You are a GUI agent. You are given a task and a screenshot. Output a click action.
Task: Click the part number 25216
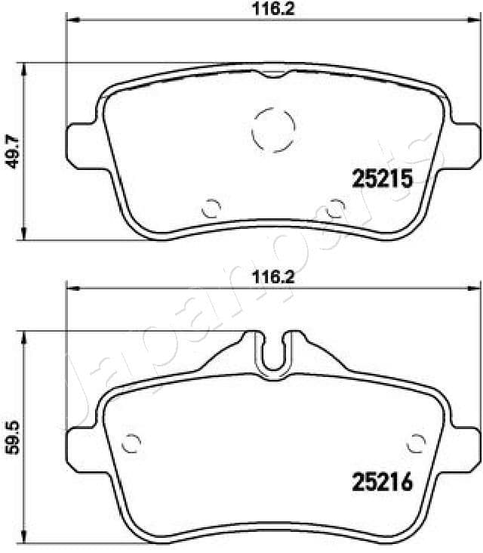[382, 482]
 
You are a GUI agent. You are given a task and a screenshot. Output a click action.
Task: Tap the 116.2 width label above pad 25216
[272, 277]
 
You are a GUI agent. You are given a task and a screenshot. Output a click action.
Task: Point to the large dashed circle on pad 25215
[272, 128]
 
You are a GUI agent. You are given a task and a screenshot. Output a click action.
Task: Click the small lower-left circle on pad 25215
[212, 205]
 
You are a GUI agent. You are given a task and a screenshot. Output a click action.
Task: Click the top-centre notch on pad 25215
[272, 74]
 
